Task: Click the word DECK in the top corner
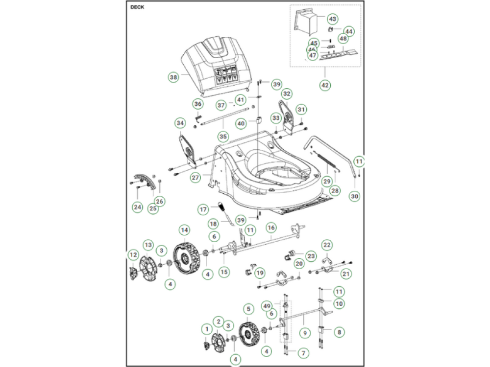(x=137, y=7)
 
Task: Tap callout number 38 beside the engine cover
(x=173, y=77)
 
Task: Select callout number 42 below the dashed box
(x=325, y=85)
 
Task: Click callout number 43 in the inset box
(x=332, y=19)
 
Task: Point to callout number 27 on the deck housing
(x=196, y=178)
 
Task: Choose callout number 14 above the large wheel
(x=184, y=229)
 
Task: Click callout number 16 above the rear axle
(x=271, y=228)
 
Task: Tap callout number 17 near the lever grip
(x=203, y=209)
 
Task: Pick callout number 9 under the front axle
(x=305, y=332)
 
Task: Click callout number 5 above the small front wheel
(x=248, y=309)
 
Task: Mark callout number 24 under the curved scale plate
(x=138, y=207)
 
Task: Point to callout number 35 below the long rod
(x=223, y=137)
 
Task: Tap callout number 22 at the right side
(x=327, y=245)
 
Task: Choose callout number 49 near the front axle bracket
(x=267, y=305)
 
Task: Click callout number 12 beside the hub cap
(x=133, y=254)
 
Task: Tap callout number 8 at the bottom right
(x=338, y=332)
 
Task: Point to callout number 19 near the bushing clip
(x=259, y=273)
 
